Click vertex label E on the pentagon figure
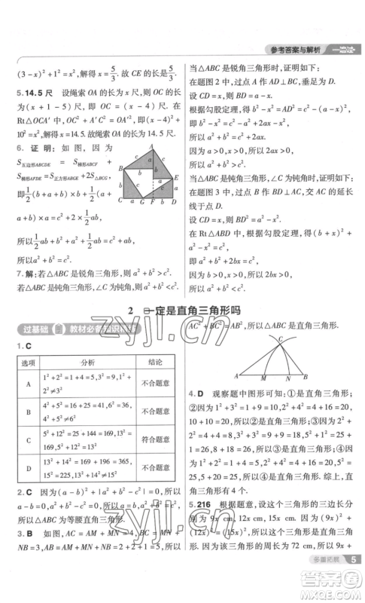[176, 179]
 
